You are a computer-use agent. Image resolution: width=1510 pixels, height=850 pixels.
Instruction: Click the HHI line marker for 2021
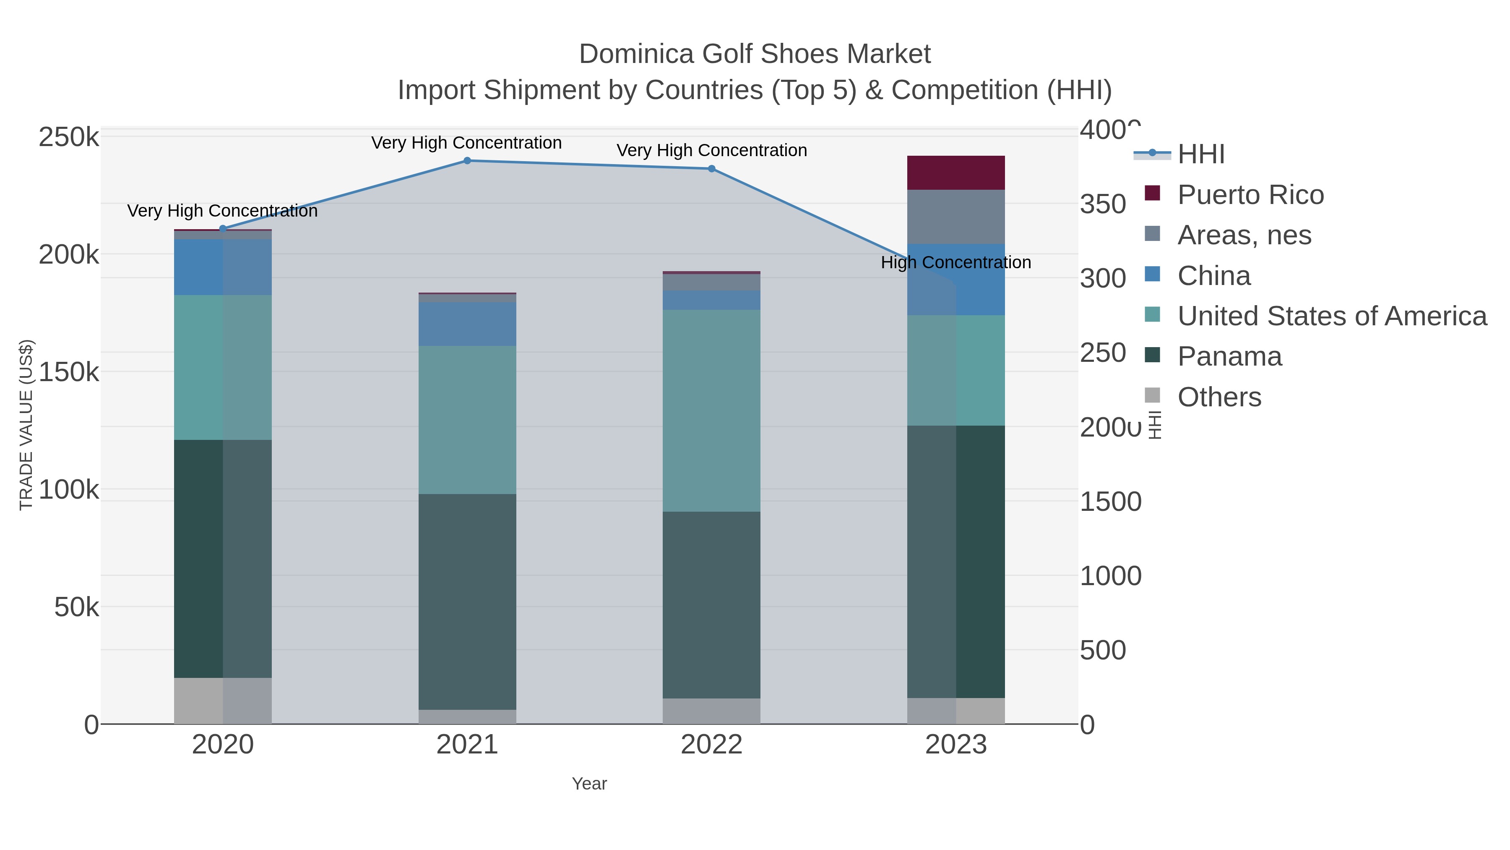[x=467, y=161]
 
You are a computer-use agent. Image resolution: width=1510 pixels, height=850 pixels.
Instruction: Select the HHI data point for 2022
[x=712, y=169]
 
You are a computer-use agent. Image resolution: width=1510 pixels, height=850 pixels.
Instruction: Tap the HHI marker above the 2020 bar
[x=223, y=229]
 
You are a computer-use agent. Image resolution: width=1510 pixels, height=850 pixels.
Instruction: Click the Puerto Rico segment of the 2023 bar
[x=956, y=173]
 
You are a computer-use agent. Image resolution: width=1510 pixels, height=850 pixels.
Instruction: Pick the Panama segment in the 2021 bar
[x=467, y=601]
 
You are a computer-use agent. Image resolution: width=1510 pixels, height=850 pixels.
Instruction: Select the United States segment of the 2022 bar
[x=712, y=411]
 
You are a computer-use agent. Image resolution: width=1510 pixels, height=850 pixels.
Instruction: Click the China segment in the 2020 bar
[x=223, y=267]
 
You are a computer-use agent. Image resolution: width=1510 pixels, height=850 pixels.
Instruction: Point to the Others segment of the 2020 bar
[x=223, y=701]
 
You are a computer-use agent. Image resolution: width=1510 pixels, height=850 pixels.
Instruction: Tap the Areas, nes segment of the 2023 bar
[x=956, y=217]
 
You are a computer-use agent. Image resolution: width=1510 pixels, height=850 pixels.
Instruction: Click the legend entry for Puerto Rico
[x=1250, y=195]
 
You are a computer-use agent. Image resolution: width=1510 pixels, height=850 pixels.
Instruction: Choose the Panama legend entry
[x=1229, y=357]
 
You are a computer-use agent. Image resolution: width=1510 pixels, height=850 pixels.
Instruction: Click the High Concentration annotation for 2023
[x=956, y=263]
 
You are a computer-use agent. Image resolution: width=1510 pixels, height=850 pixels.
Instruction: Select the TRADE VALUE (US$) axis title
[x=26, y=425]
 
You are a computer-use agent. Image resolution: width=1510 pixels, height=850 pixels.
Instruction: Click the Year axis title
[x=589, y=784]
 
